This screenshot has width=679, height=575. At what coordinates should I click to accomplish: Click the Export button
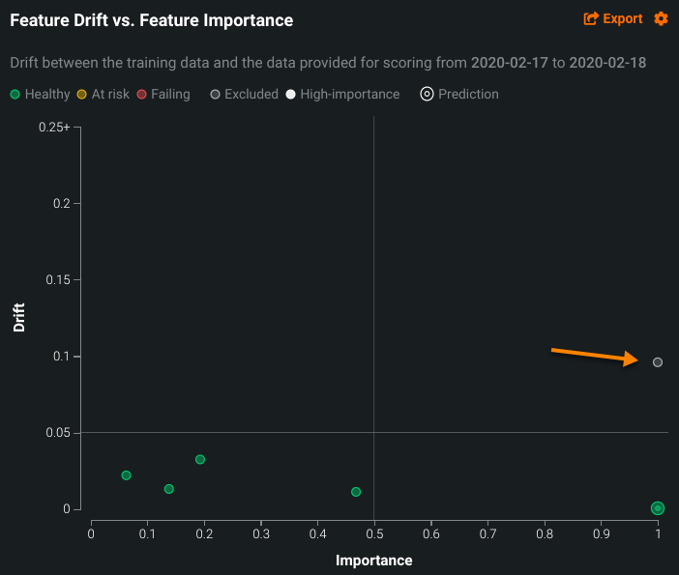click(x=613, y=18)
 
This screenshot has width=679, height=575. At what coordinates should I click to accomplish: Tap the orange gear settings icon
click(x=662, y=18)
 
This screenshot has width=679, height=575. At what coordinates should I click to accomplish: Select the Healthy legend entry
click(x=41, y=94)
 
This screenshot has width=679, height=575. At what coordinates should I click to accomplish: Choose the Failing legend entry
click(x=163, y=94)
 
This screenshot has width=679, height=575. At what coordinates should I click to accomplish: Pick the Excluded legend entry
click(x=244, y=94)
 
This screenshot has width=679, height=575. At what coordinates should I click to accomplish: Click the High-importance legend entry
click(x=342, y=94)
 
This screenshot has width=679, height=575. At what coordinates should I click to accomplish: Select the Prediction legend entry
click(x=459, y=94)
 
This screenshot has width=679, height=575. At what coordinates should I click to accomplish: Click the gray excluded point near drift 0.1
click(x=658, y=362)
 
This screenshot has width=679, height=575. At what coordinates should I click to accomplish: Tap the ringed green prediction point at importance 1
click(x=658, y=508)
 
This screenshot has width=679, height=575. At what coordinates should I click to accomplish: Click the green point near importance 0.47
click(x=356, y=492)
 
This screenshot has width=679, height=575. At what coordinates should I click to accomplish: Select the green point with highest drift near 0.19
click(x=200, y=460)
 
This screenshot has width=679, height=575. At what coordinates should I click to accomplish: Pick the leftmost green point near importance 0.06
click(x=126, y=475)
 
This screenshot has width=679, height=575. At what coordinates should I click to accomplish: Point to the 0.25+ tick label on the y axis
click(x=54, y=128)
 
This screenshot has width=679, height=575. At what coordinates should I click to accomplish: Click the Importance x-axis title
click(x=374, y=561)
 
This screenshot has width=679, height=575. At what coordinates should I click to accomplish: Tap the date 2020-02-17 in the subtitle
click(x=509, y=63)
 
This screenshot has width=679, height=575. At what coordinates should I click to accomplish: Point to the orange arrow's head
click(x=635, y=359)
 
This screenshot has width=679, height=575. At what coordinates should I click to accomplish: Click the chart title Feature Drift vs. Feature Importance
click(x=151, y=19)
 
